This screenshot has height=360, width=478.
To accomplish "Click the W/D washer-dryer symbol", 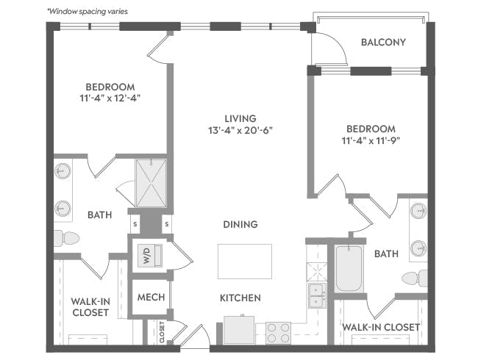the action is point(150,256).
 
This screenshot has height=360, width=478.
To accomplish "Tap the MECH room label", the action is point(151,297).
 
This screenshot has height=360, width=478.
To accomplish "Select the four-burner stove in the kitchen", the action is point(278,333).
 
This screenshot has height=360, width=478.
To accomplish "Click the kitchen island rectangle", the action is point(245,262).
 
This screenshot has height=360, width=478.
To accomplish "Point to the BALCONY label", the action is point(383,42).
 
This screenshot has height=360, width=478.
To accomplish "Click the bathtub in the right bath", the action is point(349,269).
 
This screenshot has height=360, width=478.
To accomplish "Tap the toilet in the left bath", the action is point(66,238).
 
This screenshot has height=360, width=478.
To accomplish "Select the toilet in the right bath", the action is point(415,278).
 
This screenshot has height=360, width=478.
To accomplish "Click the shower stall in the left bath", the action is point(151,183).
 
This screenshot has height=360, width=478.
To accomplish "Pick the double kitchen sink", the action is point(318,295).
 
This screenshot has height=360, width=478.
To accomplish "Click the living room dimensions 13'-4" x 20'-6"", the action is point(240,130).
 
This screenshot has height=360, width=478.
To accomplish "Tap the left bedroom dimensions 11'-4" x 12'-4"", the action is point(110,98).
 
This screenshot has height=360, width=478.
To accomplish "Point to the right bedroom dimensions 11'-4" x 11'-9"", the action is point(371,141).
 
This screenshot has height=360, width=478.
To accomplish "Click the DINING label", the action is point(240,225).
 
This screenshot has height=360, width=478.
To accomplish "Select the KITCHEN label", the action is point(240,298).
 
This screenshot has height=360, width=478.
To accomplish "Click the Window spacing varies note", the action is point(88,12).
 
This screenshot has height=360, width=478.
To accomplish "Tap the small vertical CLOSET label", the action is point(162,332).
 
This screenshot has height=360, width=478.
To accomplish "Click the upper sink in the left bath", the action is point(63,171).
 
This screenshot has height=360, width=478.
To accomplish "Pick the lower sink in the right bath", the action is point(418,248).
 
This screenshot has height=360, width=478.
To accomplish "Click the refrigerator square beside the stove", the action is point(239,331).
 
